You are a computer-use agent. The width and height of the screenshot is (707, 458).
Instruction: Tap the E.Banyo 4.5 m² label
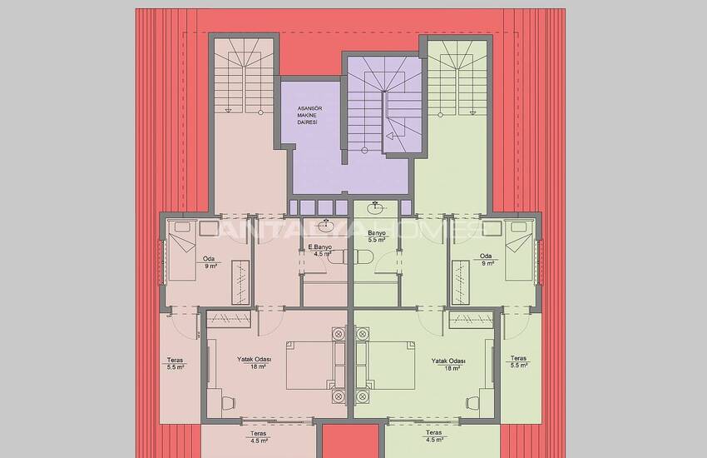tap(320, 251)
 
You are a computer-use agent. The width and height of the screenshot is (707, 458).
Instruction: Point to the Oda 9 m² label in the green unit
tap(487, 259)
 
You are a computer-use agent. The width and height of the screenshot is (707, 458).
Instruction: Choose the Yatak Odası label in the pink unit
tap(251, 364)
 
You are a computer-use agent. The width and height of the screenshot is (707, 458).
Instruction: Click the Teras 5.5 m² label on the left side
tap(175, 363)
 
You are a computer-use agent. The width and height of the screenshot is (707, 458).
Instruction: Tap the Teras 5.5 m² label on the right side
tap(518, 363)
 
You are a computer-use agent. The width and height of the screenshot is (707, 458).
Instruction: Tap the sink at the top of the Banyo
tap(378, 206)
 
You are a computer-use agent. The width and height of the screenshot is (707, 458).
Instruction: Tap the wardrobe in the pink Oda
tap(242, 281)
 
